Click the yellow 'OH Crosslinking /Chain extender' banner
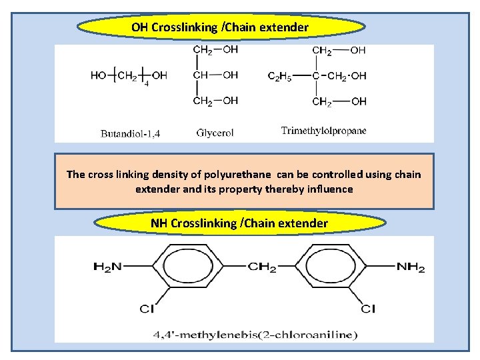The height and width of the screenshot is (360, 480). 221,27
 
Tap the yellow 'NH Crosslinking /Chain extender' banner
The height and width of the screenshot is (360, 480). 239,223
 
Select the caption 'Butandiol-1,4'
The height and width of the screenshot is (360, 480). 130,133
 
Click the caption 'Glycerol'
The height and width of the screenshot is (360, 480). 215,133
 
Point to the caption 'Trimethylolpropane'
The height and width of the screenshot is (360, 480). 323,131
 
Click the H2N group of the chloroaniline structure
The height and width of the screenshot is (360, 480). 107,267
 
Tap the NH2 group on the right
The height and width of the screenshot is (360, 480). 411,267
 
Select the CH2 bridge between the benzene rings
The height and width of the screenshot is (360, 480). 262,267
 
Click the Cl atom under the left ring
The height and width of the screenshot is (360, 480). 146,309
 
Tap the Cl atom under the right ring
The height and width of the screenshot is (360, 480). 368,309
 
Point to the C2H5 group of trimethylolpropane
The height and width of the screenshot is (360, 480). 280,75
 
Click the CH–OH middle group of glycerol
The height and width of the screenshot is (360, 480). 215,75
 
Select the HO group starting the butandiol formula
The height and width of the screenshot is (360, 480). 99,75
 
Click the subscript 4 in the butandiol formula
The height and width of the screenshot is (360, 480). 147,82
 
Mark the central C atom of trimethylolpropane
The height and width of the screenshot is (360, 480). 316,75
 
